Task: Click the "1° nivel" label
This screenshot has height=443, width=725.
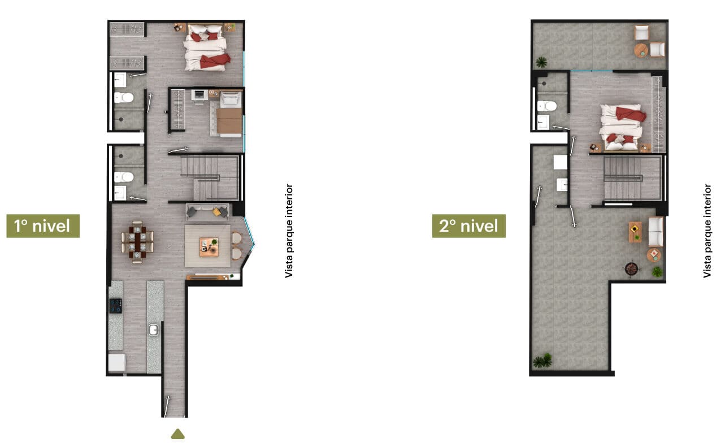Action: click(43, 226)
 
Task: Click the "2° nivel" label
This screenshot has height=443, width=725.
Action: click(468, 226)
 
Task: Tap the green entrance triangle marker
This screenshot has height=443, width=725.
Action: click(177, 434)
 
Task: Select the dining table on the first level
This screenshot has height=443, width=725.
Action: click(137, 242)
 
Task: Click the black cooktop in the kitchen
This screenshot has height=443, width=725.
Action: click(115, 306)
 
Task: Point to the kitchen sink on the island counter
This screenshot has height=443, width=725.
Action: click(154, 330)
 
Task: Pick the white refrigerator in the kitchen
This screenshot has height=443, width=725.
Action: click(117, 363)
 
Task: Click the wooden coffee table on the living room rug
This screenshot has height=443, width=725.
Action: click(209, 247)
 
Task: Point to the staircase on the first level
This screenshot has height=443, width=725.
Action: click(210, 177)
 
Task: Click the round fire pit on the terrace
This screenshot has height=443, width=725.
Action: click(631, 268)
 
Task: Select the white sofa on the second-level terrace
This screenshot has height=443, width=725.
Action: click(655, 232)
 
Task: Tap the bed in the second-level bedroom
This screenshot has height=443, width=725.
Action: click(621, 127)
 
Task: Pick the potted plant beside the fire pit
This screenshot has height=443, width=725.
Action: click(657, 272)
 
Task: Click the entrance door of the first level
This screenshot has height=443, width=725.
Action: click(166, 406)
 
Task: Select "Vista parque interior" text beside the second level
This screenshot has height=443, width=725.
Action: click(707, 231)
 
